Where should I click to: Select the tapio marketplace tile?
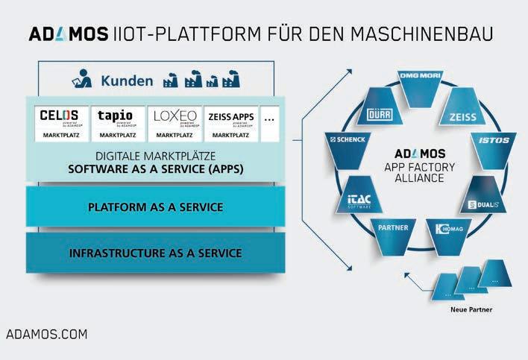[117, 124]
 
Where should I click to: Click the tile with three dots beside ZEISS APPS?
[270, 124]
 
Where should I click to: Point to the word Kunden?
[127, 80]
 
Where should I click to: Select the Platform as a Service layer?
[155, 206]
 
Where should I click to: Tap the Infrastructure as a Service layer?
[155, 253]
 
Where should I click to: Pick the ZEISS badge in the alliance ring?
[462, 116]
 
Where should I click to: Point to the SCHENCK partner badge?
[346, 140]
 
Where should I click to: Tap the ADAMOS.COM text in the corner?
[46, 334]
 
